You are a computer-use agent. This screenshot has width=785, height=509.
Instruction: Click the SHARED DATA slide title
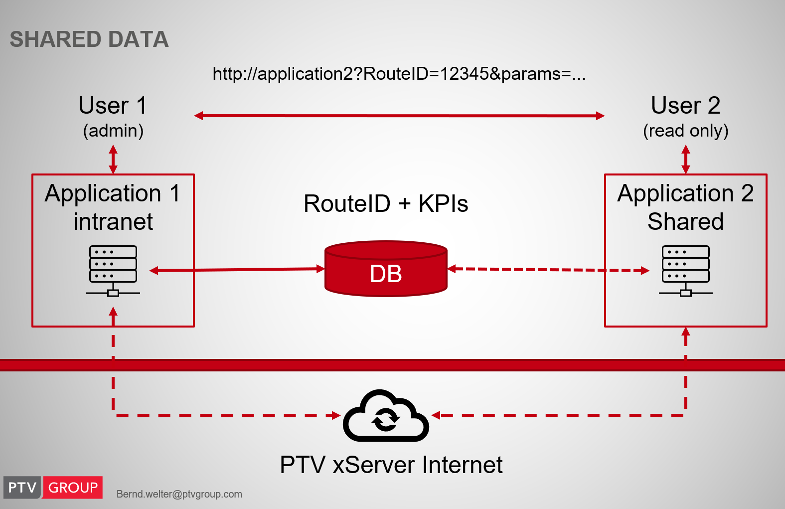coord(89,39)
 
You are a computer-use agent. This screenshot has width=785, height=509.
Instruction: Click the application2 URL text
coord(399,74)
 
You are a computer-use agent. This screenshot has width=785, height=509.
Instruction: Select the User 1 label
coord(113,106)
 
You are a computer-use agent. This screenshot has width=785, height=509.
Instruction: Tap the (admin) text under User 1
coord(113,131)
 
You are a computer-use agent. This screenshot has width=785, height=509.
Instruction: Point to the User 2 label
coord(685,106)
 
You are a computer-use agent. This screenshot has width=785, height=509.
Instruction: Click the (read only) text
coord(685,131)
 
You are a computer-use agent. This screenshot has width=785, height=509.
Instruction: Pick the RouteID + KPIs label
coord(386,203)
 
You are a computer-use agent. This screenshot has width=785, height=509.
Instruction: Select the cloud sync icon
coord(386,416)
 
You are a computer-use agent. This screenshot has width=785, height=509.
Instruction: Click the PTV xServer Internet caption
coord(391,465)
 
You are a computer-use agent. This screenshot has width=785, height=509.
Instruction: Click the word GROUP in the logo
coord(73,488)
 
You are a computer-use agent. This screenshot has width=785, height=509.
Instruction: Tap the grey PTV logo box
coord(22,488)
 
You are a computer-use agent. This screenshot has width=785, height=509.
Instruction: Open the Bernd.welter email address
coord(179,494)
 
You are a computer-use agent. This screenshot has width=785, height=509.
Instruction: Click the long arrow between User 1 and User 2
coord(399,116)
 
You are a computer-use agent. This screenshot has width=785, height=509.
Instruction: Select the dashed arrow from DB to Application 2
coord(548,270)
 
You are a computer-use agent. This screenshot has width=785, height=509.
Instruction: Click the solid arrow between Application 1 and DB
coord(237,270)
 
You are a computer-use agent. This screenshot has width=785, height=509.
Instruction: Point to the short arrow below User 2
coord(686,159)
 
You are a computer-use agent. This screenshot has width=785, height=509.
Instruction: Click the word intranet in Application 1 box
coord(113,222)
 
